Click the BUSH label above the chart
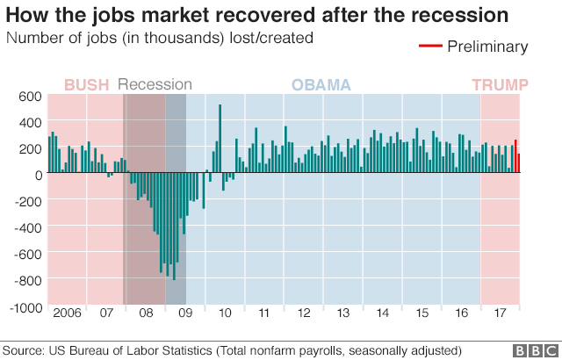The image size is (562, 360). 87,85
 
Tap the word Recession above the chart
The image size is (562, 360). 155,85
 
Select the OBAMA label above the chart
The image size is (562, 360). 321,85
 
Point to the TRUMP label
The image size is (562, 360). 500,85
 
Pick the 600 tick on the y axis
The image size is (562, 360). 31,97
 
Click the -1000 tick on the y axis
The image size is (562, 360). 25,308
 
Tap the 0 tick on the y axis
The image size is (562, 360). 39,175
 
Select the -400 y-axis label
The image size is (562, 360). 27,228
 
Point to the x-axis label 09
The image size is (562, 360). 185,313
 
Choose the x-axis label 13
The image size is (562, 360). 344,313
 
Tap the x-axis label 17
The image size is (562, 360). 501,313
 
